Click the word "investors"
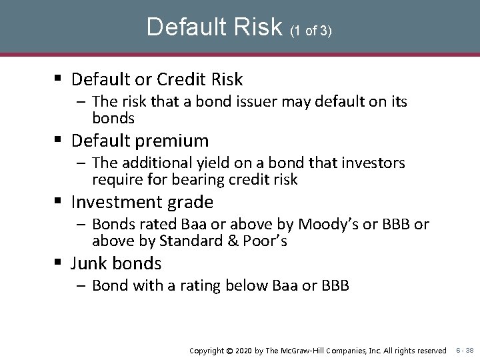coord(373,164)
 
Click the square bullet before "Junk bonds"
coord(61,263)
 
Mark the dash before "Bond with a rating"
coord(84,286)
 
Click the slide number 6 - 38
coord(465,350)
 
